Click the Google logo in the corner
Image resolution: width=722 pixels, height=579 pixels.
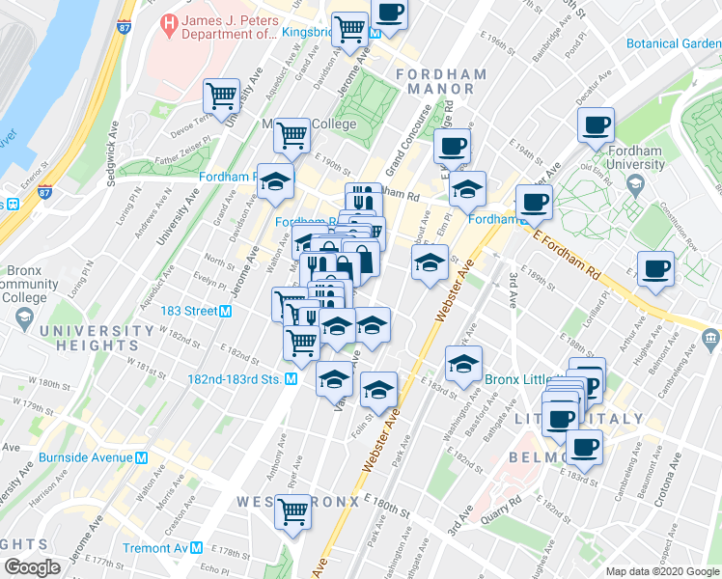[x=32, y=567]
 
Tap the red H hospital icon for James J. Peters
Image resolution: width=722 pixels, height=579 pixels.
[x=170, y=21]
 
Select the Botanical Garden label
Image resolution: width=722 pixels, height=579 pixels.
[x=673, y=43]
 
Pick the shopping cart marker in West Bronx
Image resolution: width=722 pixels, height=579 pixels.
[x=292, y=511]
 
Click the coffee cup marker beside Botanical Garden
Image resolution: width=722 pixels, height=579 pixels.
[x=596, y=124]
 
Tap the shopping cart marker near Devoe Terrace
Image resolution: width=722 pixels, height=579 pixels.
[x=222, y=96]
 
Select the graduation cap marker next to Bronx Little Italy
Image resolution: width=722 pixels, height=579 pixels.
[x=463, y=364]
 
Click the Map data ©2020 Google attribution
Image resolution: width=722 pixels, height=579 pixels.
[x=661, y=571]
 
